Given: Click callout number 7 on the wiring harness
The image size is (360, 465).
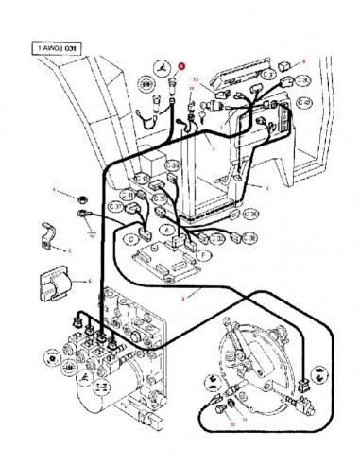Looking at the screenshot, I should point(214,147).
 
